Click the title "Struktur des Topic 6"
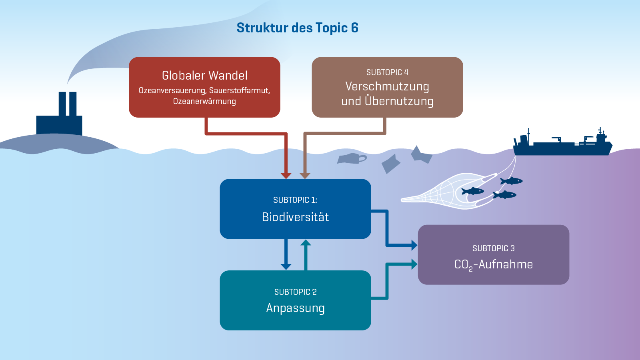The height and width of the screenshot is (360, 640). click(x=298, y=28)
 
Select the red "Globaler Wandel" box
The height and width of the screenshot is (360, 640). click(x=204, y=87)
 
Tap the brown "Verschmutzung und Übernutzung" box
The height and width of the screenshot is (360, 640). click(x=388, y=87)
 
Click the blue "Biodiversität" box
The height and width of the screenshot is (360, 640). click(x=296, y=209)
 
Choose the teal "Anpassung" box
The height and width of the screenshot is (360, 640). click(x=296, y=300)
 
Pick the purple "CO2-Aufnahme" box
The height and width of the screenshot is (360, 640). click(x=494, y=254)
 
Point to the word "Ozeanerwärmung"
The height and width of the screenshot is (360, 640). click(x=204, y=102)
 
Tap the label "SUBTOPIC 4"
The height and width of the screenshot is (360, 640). click(x=388, y=72)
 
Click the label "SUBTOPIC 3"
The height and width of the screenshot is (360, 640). click(x=494, y=248)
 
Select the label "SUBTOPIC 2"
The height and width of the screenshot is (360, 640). click(x=296, y=292)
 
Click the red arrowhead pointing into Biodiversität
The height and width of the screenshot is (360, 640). click(x=286, y=176)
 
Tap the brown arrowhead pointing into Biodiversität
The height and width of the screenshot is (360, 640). click(x=305, y=176)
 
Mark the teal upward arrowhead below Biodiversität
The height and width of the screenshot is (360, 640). click(x=306, y=242)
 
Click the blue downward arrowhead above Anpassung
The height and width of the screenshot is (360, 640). click(x=286, y=267)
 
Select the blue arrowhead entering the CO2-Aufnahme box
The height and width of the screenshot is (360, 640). click(x=414, y=245)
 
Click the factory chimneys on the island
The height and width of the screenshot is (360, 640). click(x=68, y=104)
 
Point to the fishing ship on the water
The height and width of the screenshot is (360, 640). click(x=562, y=143)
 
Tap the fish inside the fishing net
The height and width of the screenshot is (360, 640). click(x=472, y=191)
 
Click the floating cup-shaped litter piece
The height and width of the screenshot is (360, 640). click(x=352, y=158)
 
